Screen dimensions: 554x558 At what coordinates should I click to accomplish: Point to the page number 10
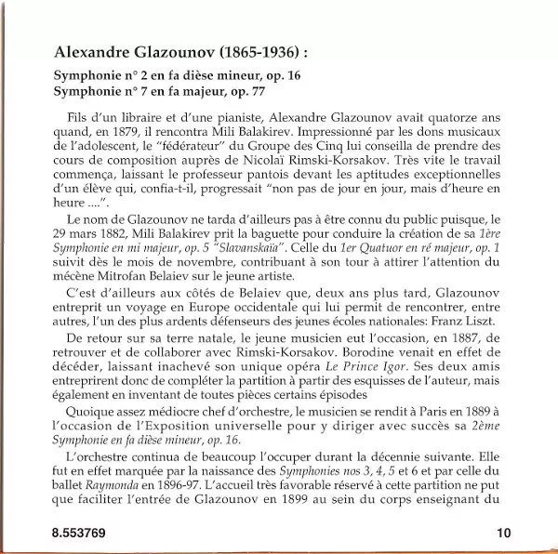(x=504, y=533)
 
